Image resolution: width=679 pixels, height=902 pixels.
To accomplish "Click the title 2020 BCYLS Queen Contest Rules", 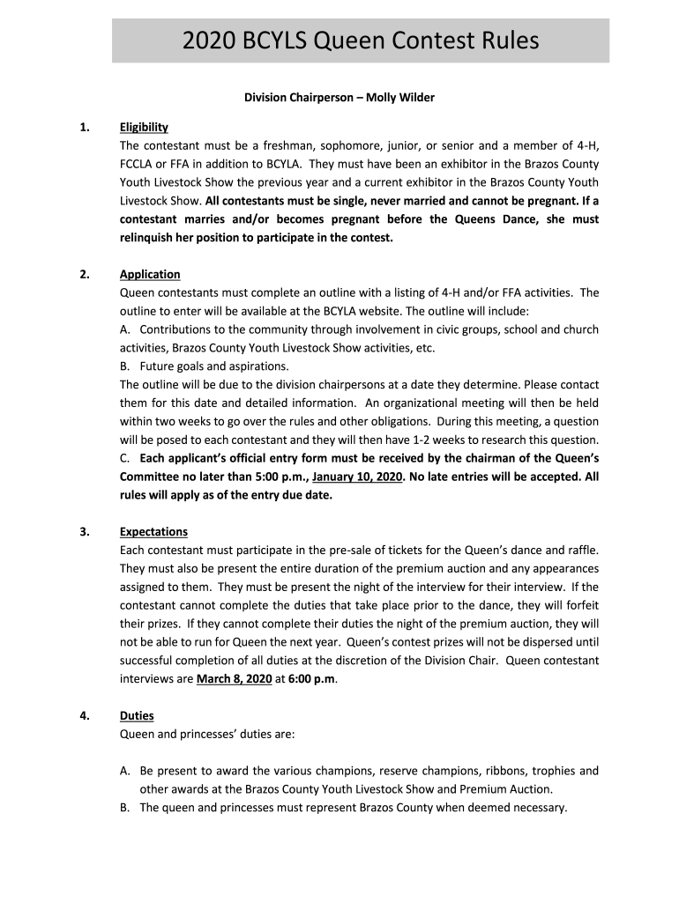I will [x=360, y=41].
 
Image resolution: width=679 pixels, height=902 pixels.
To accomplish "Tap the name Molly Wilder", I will [x=402, y=98].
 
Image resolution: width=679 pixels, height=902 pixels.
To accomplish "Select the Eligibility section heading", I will [x=144, y=128].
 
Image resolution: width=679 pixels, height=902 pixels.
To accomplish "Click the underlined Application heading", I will [x=150, y=275].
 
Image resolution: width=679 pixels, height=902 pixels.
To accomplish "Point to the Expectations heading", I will [x=153, y=532].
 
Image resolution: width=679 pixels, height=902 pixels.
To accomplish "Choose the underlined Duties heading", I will [x=137, y=716].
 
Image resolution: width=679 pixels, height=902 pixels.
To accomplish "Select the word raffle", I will [x=581, y=551].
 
